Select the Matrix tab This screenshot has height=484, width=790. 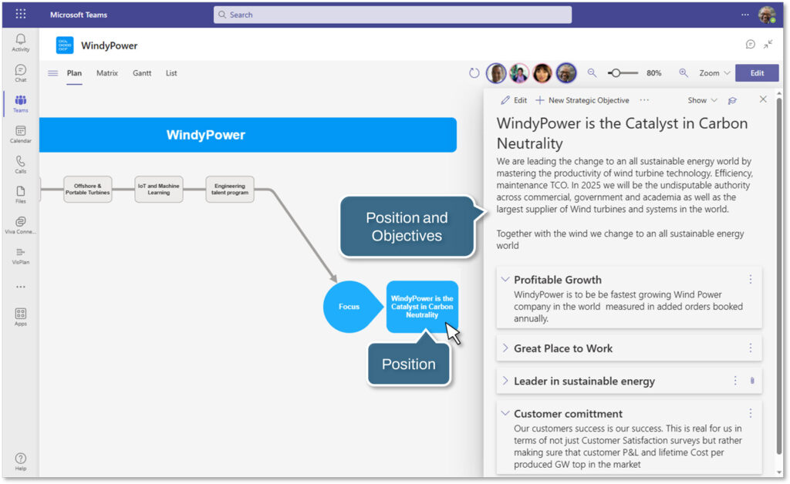point(107,73)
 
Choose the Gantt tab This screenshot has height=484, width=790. point(142,73)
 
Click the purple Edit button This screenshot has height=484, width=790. point(756,73)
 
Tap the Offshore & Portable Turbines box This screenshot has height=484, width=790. point(87,189)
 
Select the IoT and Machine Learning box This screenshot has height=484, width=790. point(158,189)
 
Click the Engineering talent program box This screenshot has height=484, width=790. point(230,189)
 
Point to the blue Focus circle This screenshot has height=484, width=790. point(349,307)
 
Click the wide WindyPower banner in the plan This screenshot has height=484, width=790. point(247,135)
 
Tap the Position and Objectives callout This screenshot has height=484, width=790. point(407,227)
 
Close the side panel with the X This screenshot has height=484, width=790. point(763,99)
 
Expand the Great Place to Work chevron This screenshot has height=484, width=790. point(505,348)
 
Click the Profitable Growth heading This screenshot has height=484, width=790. point(558,280)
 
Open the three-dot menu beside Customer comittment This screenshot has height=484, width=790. point(750,413)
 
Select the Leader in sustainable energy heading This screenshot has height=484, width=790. point(584,381)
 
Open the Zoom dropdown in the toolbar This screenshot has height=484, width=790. point(714,73)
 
